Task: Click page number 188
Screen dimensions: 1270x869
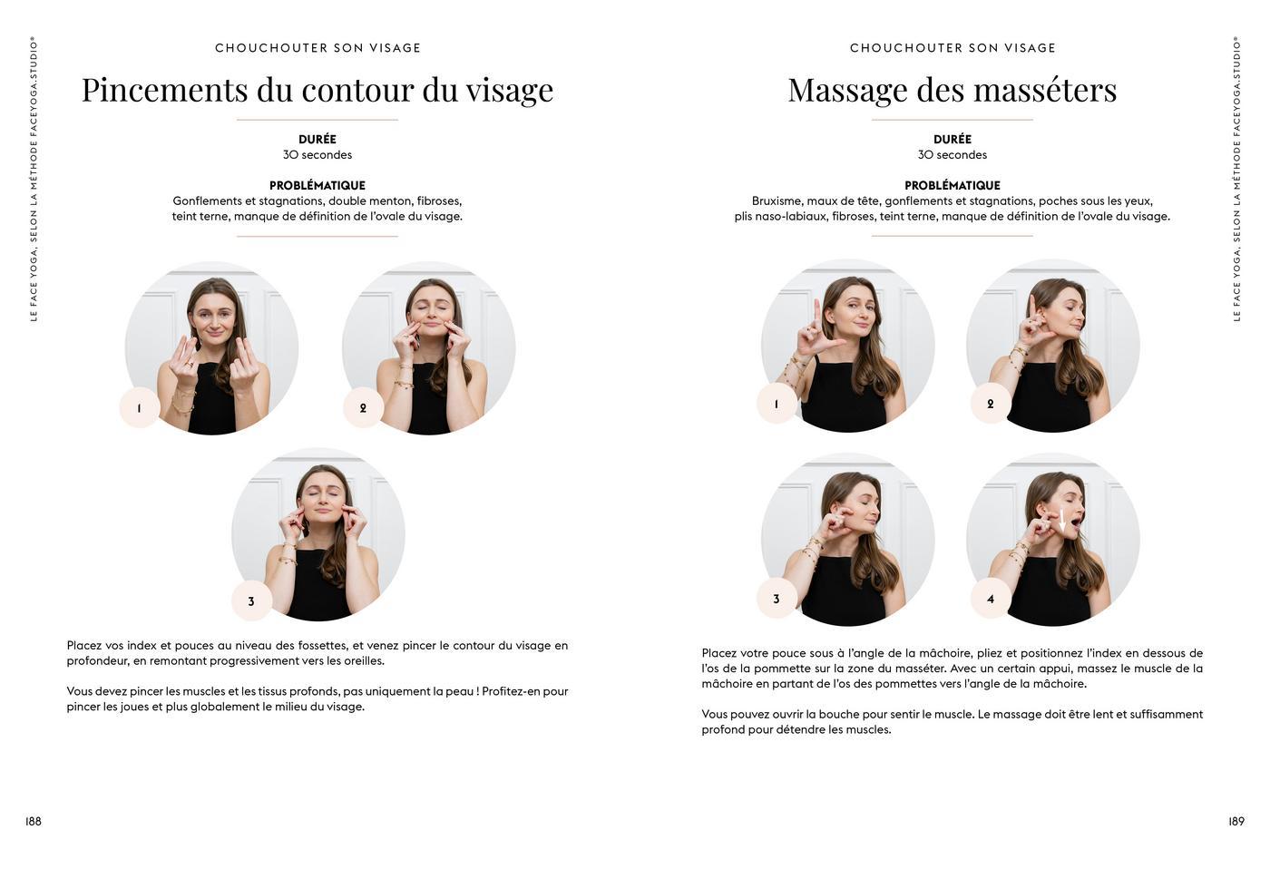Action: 33,822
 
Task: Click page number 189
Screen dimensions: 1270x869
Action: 1236,822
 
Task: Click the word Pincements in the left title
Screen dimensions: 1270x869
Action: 165,90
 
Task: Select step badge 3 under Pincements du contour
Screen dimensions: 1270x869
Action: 252,600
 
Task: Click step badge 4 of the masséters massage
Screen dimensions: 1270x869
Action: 991,599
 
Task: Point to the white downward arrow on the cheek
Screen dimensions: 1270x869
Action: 1062,522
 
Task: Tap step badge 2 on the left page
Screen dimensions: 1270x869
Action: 364,407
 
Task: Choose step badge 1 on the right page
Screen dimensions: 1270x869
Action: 777,404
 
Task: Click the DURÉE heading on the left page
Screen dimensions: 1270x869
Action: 317,139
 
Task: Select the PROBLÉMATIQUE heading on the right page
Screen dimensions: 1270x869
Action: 952,185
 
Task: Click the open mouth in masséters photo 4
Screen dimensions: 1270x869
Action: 1076,519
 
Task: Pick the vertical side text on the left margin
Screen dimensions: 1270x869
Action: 34,180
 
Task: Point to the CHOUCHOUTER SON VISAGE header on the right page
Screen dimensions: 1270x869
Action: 952,48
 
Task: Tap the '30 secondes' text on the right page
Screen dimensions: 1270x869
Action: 952,155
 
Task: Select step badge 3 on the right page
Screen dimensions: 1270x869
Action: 777,599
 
